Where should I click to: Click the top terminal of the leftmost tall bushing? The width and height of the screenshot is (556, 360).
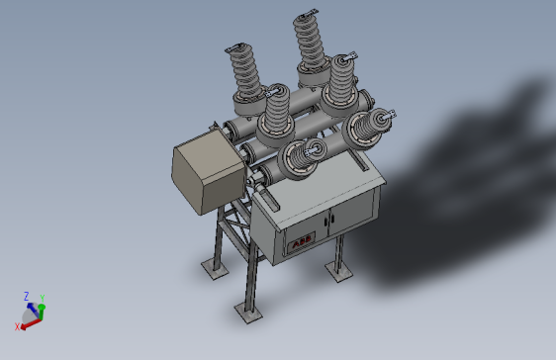tap(238, 48)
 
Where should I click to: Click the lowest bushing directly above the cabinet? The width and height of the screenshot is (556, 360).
tap(303, 156)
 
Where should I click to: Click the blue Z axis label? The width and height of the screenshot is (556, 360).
tap(27, 296)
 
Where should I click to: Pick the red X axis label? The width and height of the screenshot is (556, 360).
tap(17, 326)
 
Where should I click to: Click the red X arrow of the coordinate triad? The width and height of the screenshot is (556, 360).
tap(29, 322)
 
